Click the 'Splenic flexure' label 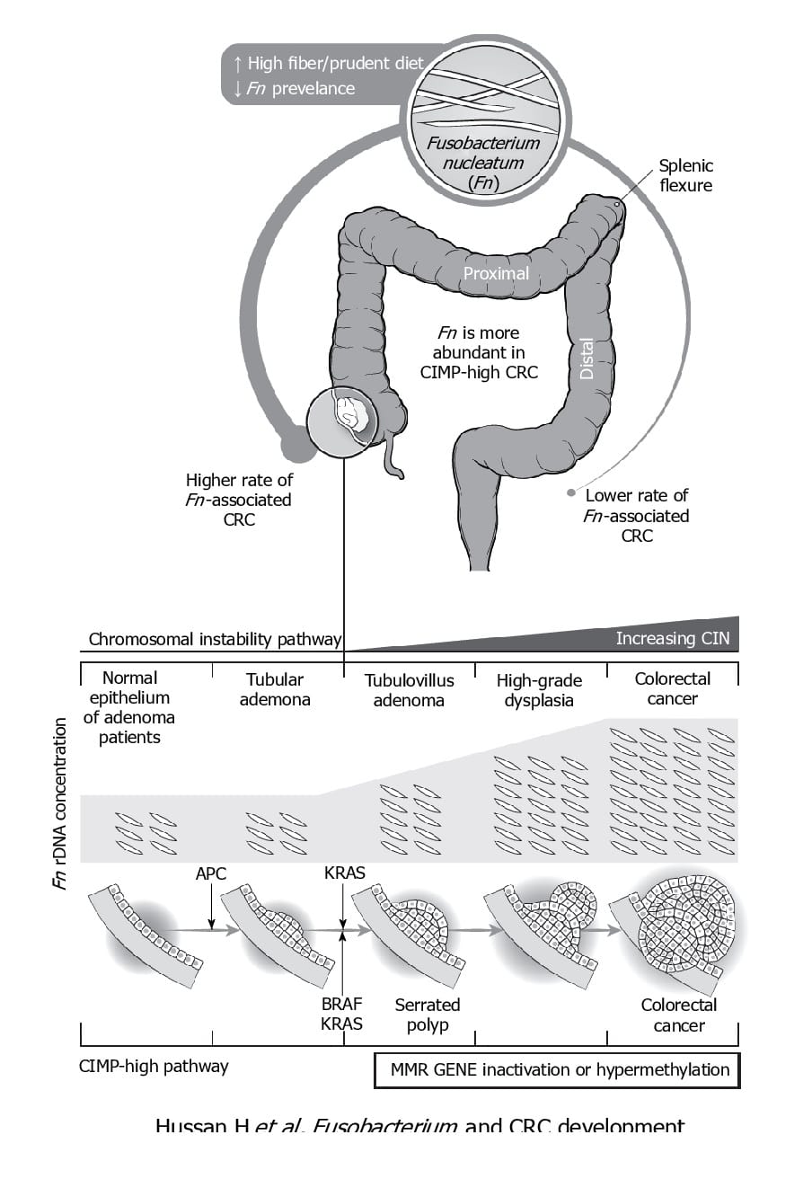pyautogui.click(x=685, y=175)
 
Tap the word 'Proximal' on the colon pyautogui.click(x=496, y=272)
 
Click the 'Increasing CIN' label pyautogui.click(x=673, y=640)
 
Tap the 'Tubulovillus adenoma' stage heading pyautogui.click(x=409, y=689)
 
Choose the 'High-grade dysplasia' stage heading pyautogui.click(x=539, y=689)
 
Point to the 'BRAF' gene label pyautogui.click(x=341, y=1004)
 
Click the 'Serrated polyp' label pyautogui.click(x=427, y=1015)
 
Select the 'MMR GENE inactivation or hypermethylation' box pyautogui.click(x=557, y=1069)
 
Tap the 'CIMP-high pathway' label pyautogui.click(x=154, y=1067)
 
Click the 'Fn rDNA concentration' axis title pyautogui.click(x=61, y=803)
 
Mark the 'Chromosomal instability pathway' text pyautogui.click(x=215, y=640)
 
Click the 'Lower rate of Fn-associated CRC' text pyautogui.click(x=636, y=515)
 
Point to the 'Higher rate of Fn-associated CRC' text pyautogui.click(x=238, y=500)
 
